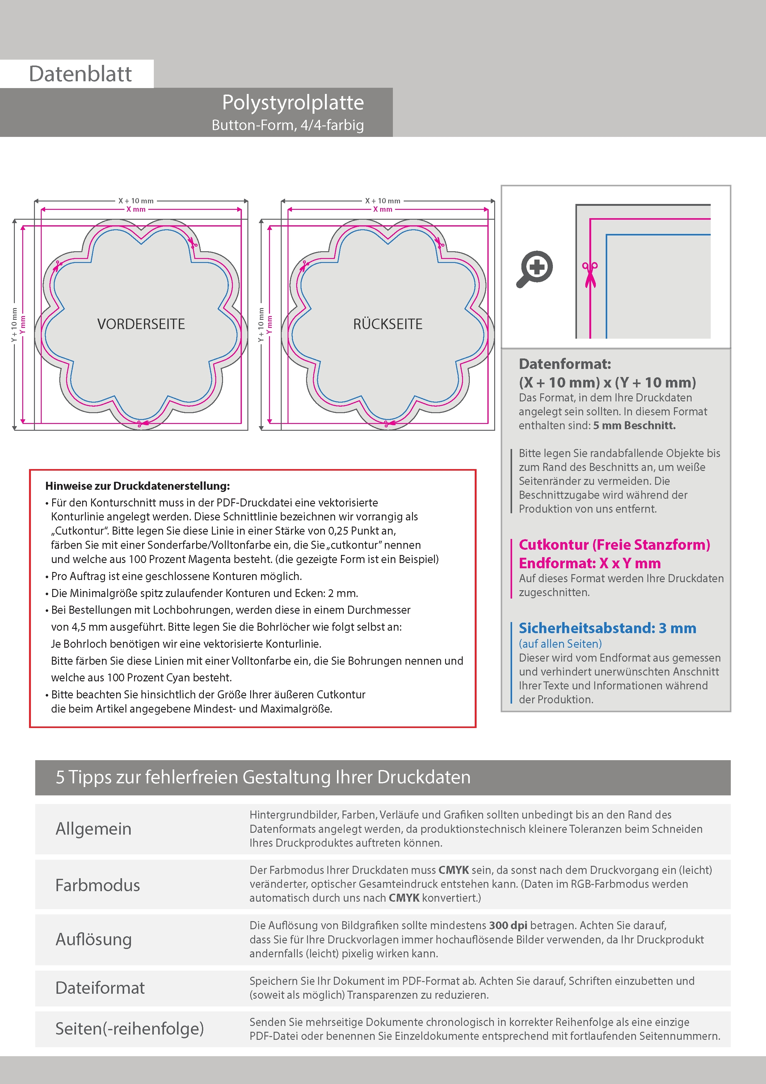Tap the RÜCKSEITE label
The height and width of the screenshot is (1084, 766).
coord(388,324)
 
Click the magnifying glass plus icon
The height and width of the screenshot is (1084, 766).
coord(535,268)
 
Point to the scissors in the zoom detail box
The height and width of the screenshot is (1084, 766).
coord(590,274)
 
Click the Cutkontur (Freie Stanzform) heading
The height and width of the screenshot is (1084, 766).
coord(614,544)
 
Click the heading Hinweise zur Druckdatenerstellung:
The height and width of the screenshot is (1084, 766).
coord(137,486)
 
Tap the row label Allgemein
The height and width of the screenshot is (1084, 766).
coord(94,828)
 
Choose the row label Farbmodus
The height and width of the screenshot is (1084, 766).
coord(98,885)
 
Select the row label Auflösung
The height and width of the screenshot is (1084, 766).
coord(94,939)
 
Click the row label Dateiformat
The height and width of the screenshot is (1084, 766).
coord(100,988)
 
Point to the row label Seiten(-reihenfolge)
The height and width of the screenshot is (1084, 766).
coord(129,1028)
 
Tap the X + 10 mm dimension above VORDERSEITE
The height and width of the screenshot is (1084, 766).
coord(136,201)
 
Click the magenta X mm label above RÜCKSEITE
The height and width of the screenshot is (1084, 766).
coord(383,209)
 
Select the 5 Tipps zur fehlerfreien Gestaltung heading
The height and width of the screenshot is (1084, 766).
coord(263,777)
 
